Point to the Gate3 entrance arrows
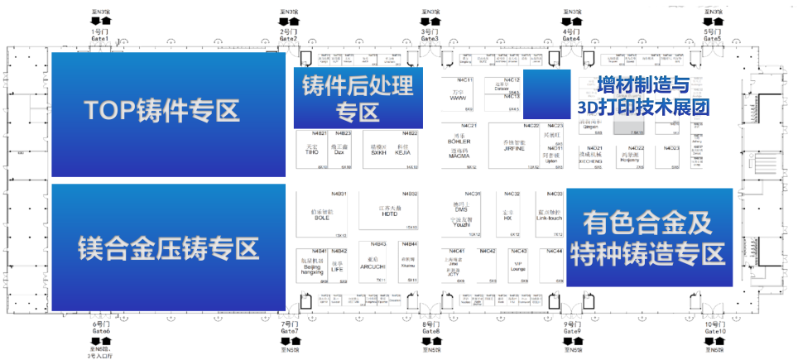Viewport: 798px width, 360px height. tap(430, 20)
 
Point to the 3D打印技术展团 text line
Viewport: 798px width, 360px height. tap(645, 107)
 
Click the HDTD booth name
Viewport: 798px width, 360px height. tap(390, 214)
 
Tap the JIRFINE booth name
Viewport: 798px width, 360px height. tap(514, 149)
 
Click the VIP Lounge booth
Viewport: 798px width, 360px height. tap(519, 267)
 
